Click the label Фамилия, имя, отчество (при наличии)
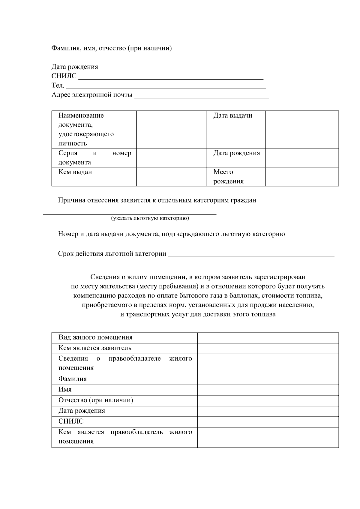112,48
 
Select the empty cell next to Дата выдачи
301,129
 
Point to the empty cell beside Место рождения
301,177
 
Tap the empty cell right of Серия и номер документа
171,158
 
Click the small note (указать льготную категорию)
150,218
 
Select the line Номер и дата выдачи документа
171,234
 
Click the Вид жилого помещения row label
95,337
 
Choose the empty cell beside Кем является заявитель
268,348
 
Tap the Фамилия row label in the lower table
73,379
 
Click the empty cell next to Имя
268,390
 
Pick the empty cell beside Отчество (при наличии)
268,400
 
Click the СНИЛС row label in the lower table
71,421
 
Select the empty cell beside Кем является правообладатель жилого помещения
268,437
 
